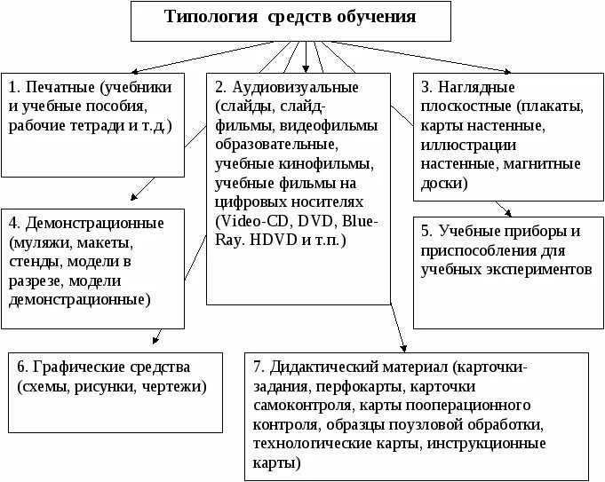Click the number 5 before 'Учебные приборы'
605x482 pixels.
(x=427, y=231)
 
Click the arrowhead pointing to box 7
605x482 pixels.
(x=404, y=346)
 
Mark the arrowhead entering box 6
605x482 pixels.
(x=156, y=340)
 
